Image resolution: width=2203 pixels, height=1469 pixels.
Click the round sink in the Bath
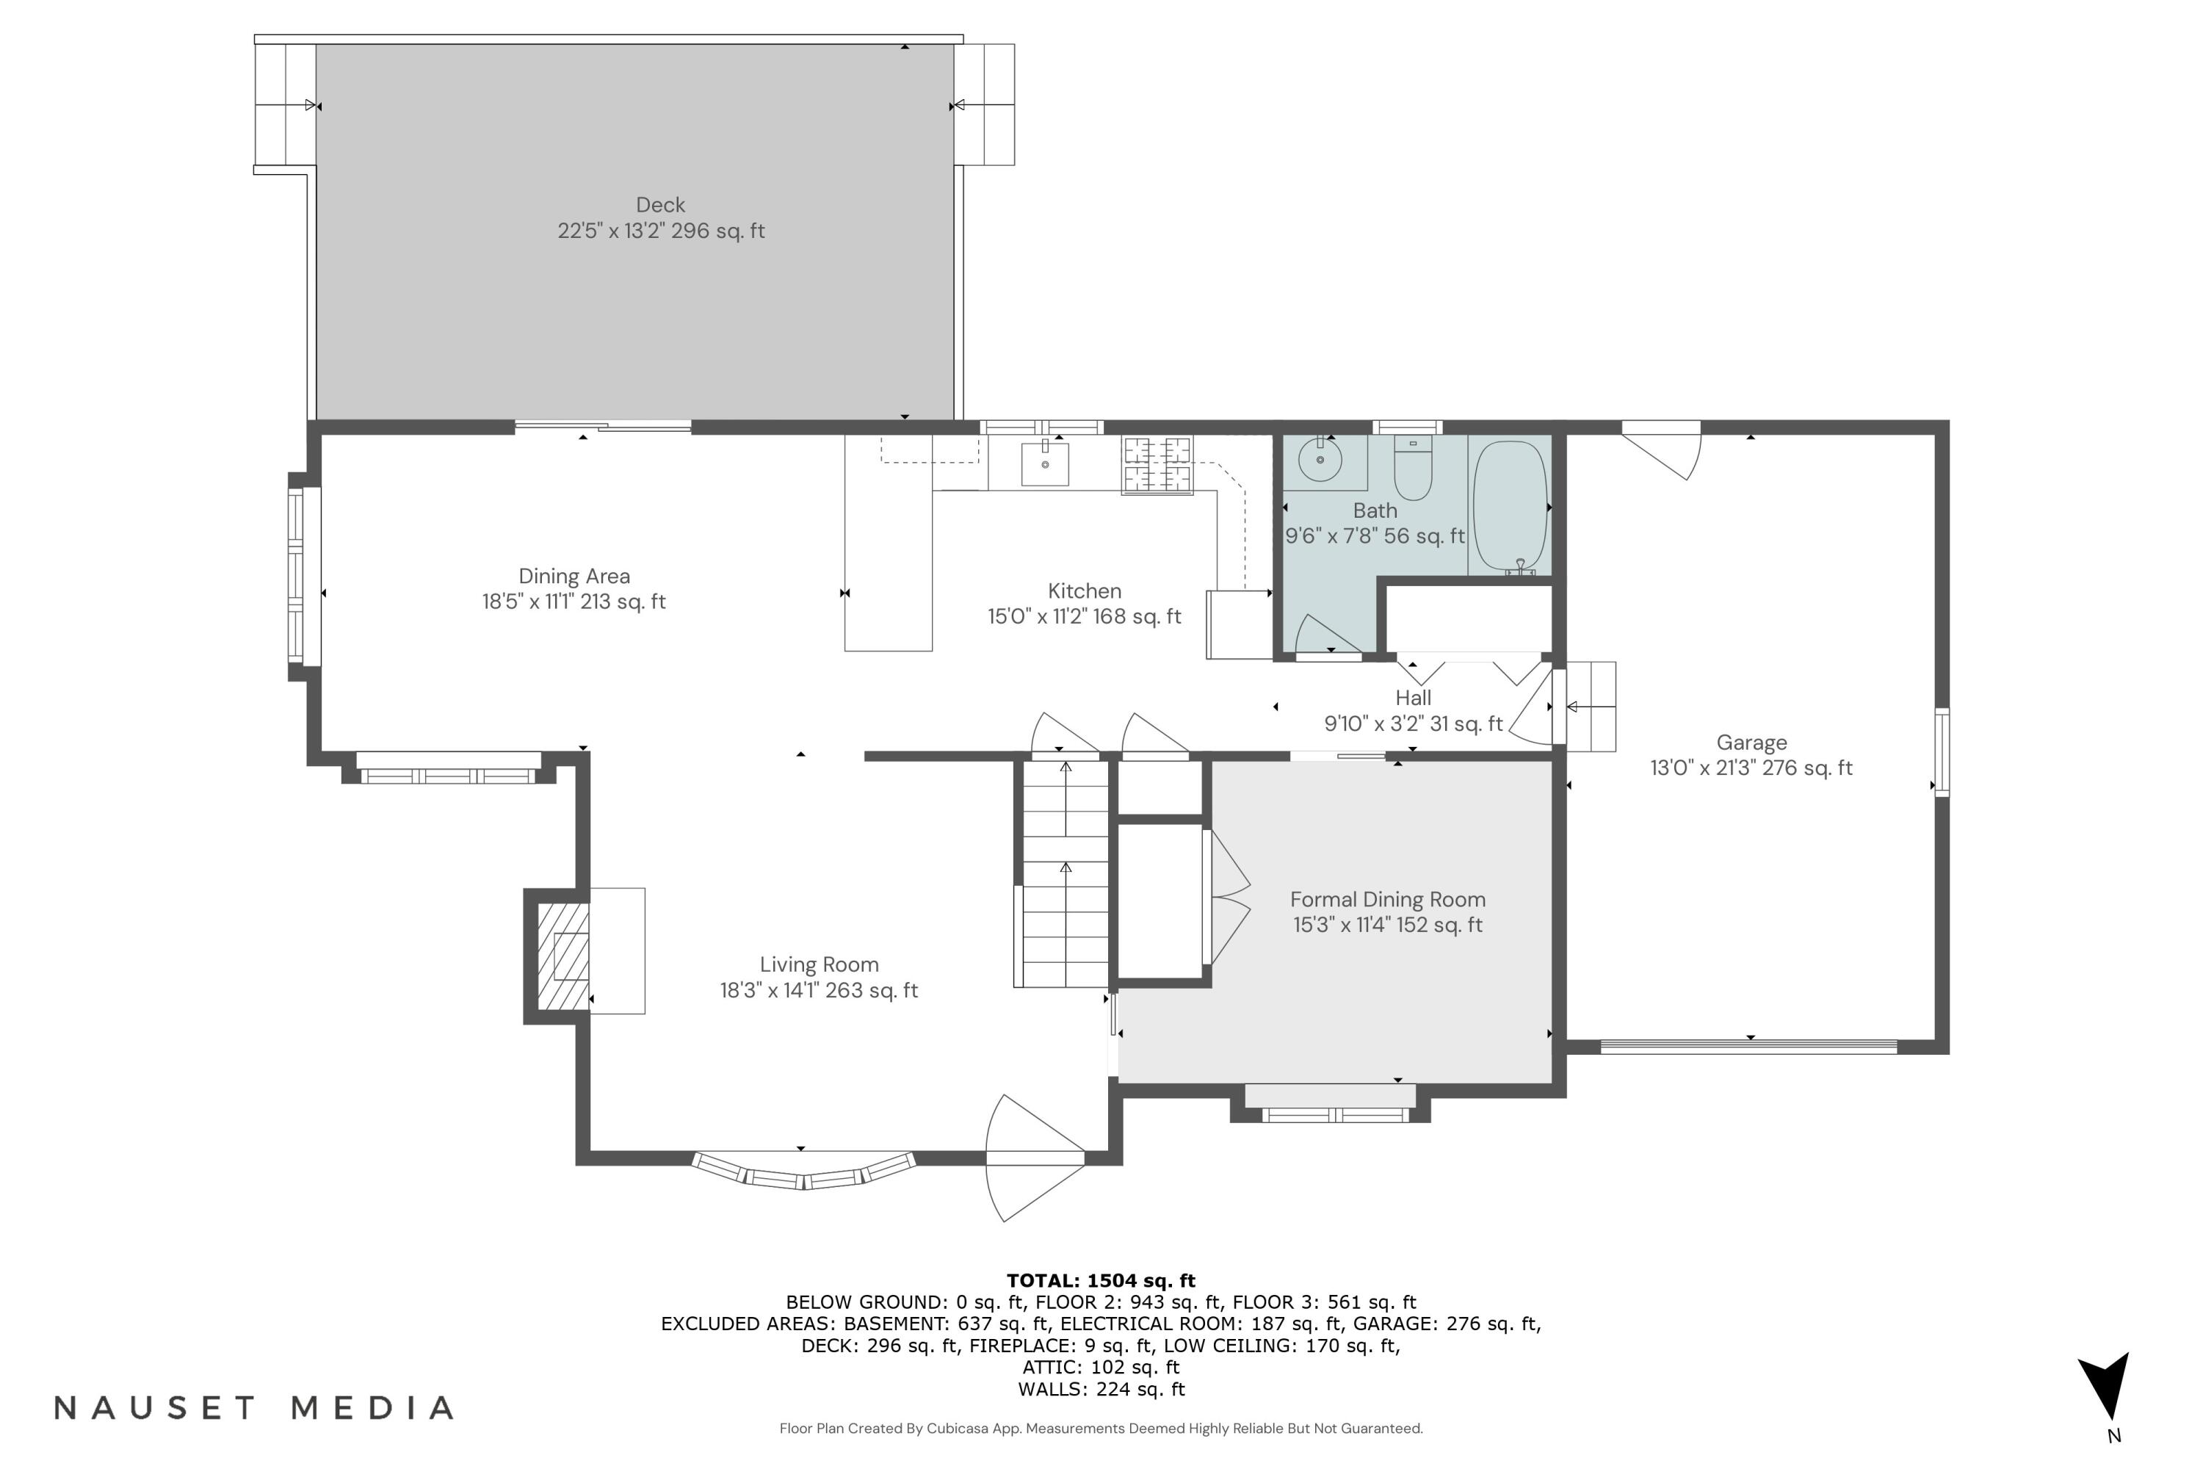tap(1320, 459)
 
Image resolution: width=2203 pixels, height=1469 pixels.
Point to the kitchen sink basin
tap(1044, 463)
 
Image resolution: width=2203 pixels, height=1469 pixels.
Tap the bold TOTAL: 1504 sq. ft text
tap(1101, 1281)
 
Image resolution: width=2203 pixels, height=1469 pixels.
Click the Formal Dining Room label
tap(1387, 899)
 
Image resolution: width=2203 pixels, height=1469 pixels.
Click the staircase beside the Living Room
tap(1065, 876)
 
